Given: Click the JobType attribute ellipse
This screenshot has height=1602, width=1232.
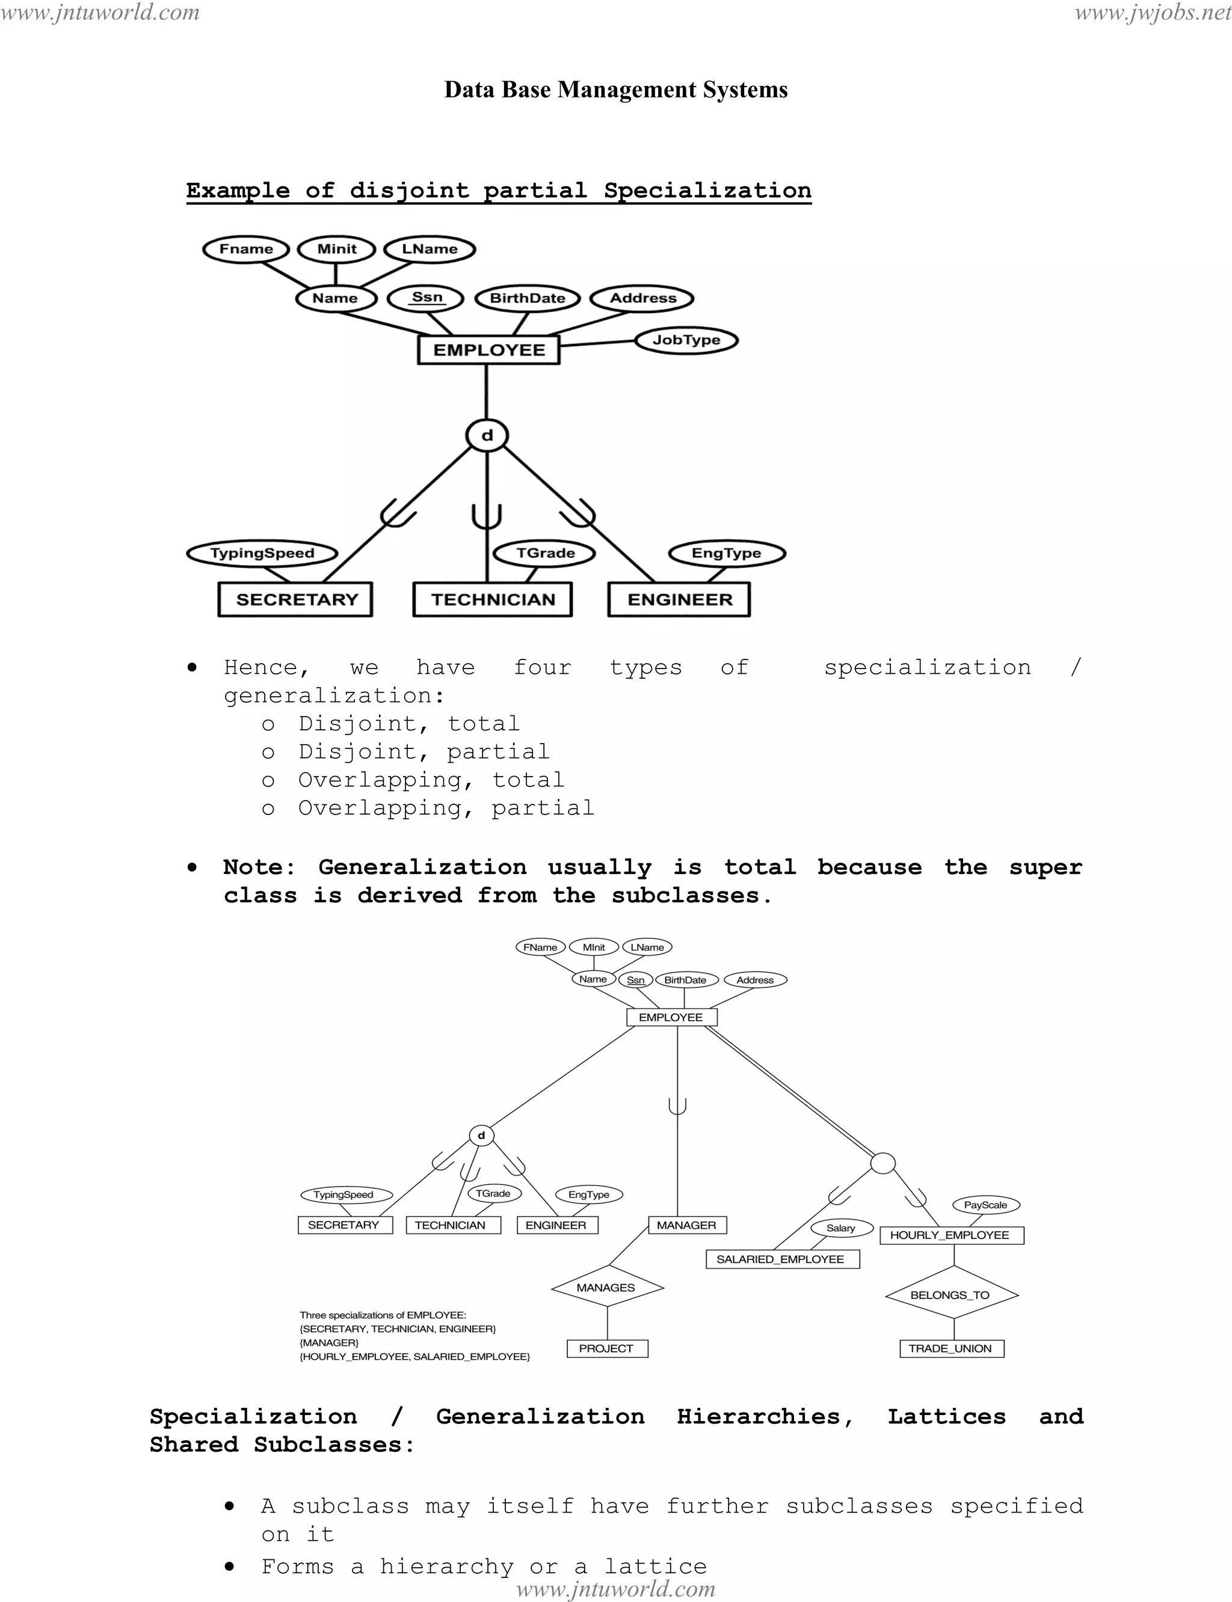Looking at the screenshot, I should coord(686,340).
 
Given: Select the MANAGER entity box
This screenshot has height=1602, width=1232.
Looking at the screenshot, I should coord(686,1224).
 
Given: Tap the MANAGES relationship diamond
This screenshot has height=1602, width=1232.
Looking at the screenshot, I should coord(606,1288).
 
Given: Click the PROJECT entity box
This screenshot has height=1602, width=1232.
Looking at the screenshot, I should coord(606,1348).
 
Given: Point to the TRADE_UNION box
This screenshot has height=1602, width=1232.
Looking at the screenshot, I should coord(950,1348).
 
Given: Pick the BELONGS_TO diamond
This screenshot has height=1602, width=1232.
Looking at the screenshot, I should coord(950,1295).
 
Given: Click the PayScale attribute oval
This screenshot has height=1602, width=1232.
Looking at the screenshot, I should coord(985,1205).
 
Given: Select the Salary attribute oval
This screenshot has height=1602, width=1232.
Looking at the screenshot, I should coord(841,1227).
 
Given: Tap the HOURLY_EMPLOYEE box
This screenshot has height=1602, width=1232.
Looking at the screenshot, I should coord(950,1235).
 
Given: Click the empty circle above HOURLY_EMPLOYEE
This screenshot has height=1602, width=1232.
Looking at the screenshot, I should coord(883,1163).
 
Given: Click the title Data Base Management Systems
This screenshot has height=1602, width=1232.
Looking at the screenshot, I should coord(616,90).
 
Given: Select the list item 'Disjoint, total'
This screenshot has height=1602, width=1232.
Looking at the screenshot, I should coord(409,724).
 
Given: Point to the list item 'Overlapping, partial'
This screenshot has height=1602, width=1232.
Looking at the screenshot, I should coord(446,809).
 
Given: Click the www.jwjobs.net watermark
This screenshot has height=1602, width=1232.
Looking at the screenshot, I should coord(1153,13).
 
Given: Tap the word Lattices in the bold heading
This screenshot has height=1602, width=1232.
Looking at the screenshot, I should coord(947,1417).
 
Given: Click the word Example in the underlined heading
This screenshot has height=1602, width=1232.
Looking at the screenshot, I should coord(238,191).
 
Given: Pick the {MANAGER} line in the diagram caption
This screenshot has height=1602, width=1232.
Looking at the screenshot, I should coord(329,1342).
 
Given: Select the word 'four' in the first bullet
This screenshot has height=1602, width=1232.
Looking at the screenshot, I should coord(542,668).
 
